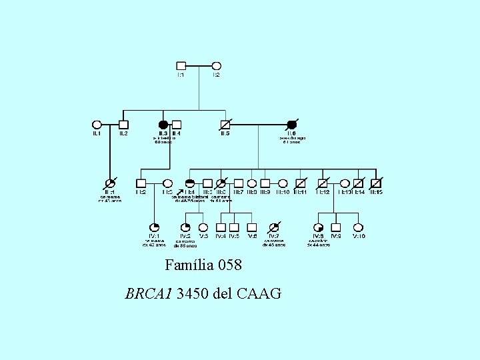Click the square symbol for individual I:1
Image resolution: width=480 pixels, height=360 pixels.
181,66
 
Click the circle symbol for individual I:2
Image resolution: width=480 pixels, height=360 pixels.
216,66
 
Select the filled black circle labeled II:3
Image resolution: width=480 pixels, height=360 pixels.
163,124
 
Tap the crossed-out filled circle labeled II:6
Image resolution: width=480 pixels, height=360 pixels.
291,124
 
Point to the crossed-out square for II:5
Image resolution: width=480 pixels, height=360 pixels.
225,124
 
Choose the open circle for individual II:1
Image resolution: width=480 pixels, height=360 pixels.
97,124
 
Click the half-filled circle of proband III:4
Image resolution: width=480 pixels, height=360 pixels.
189,183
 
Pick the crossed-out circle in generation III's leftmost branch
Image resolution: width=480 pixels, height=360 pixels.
110,183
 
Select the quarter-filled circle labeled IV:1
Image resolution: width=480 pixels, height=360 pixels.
155,227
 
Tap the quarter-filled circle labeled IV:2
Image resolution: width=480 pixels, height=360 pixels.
185,227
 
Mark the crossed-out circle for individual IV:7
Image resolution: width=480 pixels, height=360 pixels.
273,227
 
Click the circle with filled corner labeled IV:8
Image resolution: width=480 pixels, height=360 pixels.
319,227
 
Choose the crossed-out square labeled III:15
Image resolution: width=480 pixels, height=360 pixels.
376,183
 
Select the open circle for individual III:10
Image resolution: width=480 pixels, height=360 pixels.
283,183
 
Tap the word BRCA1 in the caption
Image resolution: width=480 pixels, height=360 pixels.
149,293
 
